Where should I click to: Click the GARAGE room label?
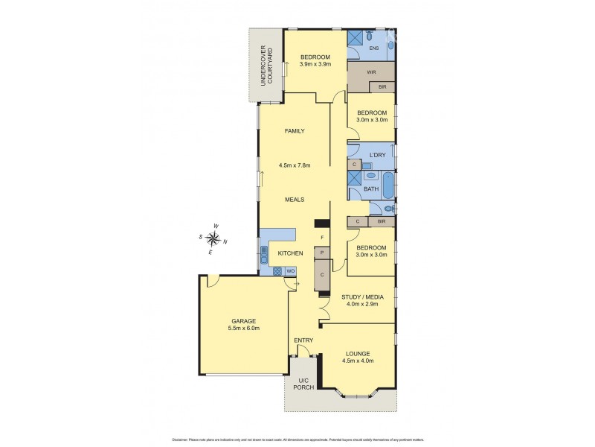tap(243, 321)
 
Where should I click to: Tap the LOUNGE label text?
tap(357, 353)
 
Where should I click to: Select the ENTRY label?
tap(303, 340)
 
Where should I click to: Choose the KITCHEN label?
tap(290, 254)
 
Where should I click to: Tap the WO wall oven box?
tap(291, 271)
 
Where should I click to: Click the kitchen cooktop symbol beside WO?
tap(278, 271)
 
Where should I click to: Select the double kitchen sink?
tap(263, 255)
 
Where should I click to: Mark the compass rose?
tap(213, 238)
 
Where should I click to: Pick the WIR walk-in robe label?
tap(371, 72)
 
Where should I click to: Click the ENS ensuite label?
tap(374, 48)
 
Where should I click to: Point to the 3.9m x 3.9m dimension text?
tap(315, 64)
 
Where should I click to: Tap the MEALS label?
tap(295, 200)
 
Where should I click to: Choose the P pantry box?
tap(322, 253)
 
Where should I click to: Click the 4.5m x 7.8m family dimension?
tap(295, 165)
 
